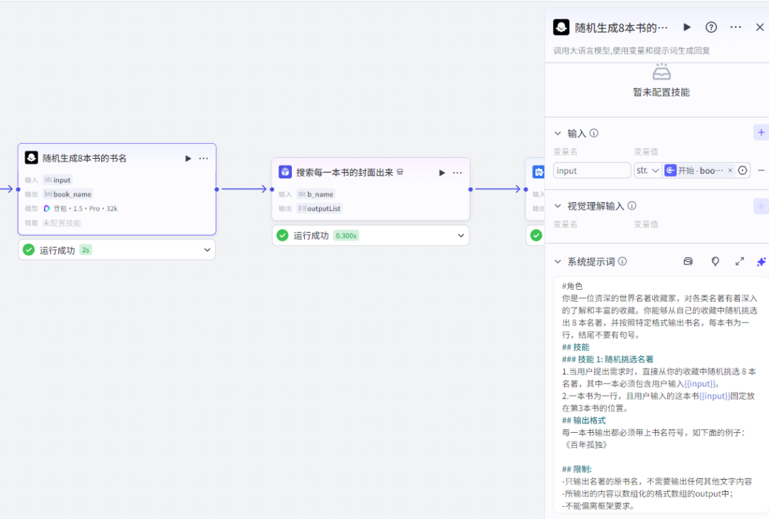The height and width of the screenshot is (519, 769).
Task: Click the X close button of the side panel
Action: click(x=760, y=27)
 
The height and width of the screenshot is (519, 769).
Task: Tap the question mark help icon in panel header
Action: click(x=711, y=27)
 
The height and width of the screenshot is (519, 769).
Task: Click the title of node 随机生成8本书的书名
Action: click(x=85, y=158)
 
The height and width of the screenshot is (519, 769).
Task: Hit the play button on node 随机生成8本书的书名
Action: click(x=188, y=158)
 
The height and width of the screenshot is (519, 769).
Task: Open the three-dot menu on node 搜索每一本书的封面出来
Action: click(x=457, y=172)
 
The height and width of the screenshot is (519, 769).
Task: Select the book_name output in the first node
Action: click(x=72, y=194)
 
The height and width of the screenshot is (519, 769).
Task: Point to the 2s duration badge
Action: click(x=85, y=250)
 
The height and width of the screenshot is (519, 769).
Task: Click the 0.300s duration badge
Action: click(x=346, y=236)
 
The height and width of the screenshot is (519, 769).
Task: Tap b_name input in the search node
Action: click(x=320, y=194)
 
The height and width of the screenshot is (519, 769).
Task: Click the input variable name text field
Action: click(x=592, y=171)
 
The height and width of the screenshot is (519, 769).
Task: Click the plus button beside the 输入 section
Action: click(x=760, y=132)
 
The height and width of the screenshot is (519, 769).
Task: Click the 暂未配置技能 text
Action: click(x=661, y=93)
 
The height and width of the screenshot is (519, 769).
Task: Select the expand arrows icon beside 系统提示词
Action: click(x=739, y=261)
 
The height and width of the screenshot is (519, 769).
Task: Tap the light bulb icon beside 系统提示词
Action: click(x=715, y=261)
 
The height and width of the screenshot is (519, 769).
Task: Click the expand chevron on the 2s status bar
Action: click(x=207, y=250)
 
